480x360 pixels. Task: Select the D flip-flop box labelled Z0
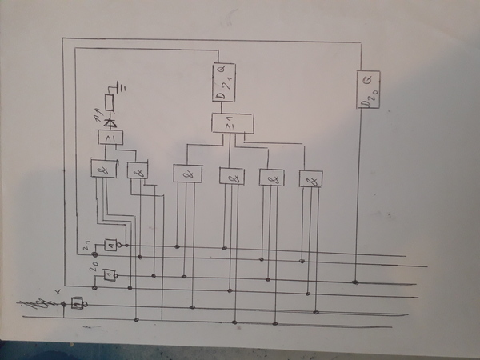(369, 90)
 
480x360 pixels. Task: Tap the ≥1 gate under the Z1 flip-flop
(232, 124)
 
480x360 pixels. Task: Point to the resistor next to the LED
(110, 102)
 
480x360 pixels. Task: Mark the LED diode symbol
(110, 122)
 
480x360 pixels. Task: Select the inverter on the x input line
(78, 303)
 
